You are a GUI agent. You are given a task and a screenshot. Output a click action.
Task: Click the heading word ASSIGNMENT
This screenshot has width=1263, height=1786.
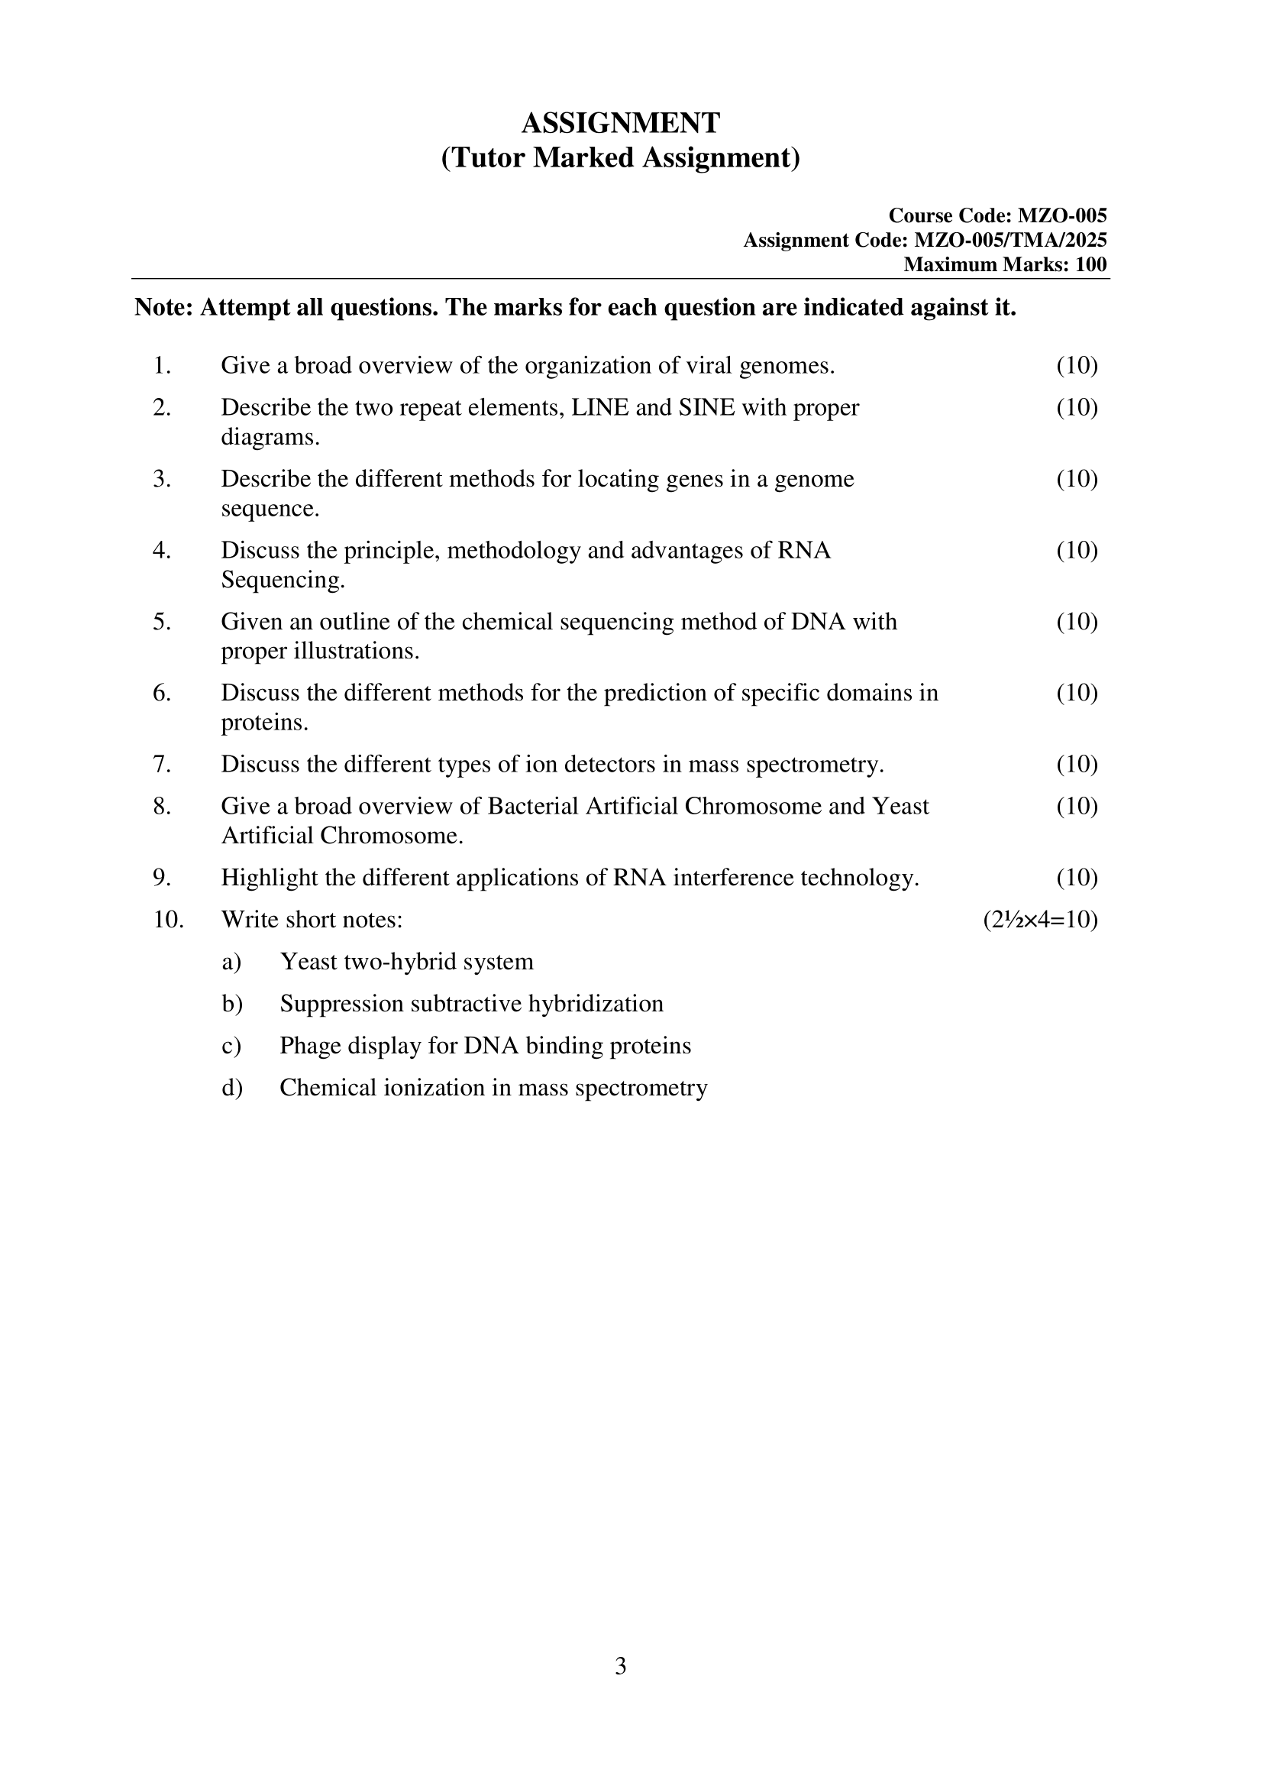620,123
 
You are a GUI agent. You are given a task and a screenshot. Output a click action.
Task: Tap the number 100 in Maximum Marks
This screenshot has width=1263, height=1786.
1090,264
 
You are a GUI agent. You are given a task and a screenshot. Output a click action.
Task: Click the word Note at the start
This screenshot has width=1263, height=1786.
163,308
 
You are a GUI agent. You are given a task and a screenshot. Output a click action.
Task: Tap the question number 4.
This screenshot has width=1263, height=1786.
161,551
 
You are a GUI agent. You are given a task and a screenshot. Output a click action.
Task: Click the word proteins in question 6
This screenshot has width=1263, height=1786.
263,723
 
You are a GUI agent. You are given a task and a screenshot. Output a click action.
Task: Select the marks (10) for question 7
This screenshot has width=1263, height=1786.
1077,765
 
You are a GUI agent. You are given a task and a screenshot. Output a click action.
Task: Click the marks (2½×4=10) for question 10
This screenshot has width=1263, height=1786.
1040,921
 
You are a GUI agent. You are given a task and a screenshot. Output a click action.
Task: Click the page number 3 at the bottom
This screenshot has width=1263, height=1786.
620,1666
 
